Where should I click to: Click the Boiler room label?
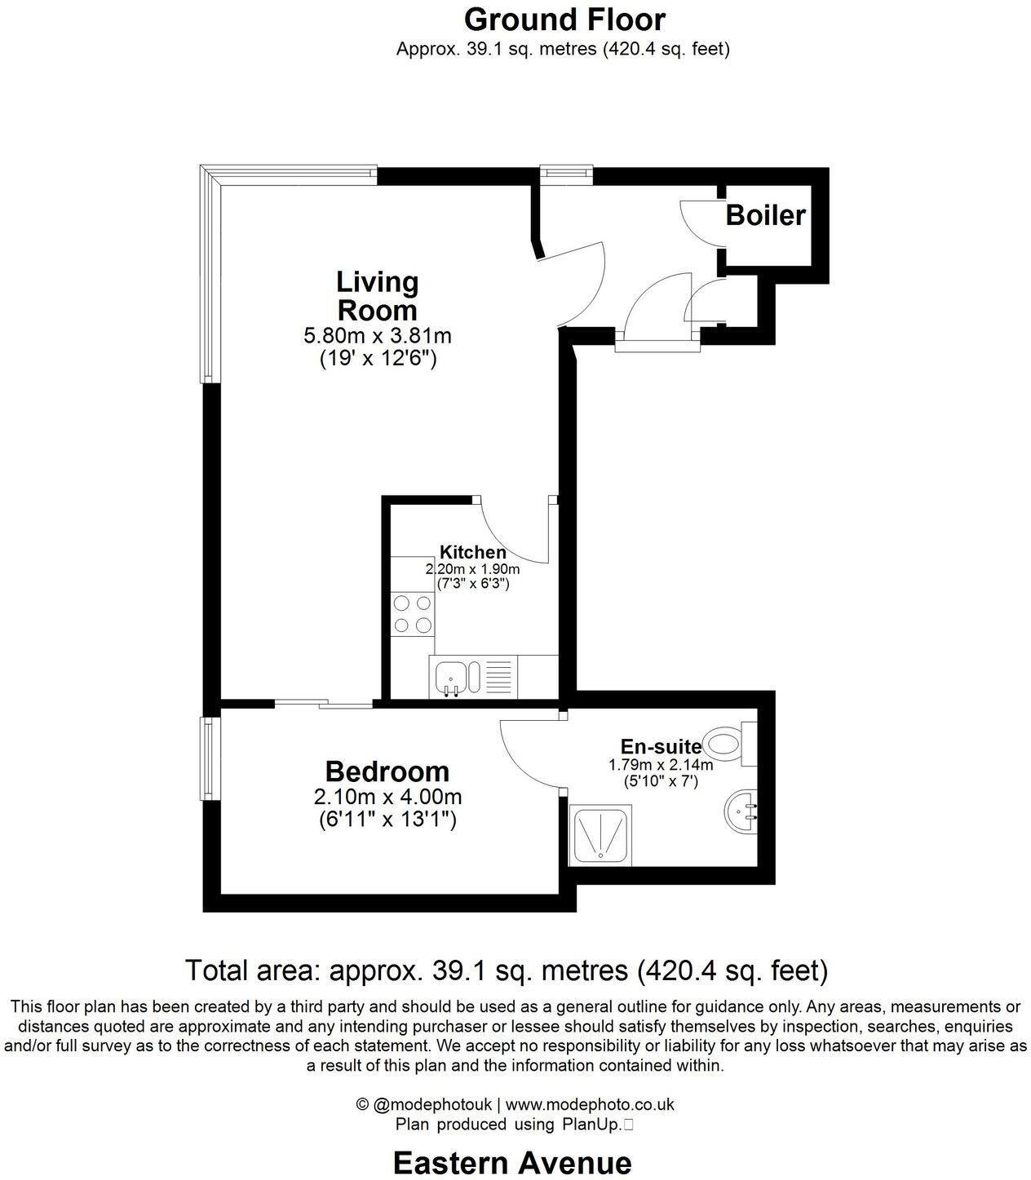[x=765, y=215]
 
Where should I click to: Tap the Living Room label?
[x=377, y=296]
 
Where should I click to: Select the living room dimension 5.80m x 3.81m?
[x=378, y=335]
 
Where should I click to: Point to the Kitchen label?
[x=473, y=552]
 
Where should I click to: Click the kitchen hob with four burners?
[x=413, y=614]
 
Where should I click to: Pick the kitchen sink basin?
[x=449, y=678]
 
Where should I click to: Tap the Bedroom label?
[x=387, y=771]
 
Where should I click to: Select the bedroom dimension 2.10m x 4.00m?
[x=387, y=797]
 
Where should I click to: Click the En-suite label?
[x=661, y=746]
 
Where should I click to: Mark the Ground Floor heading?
[x=564, y=19]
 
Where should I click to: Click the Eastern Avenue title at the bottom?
[x=512, y=1162]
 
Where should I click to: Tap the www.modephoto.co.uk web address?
[x=590, y=1105]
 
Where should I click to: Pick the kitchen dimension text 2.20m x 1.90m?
[x=472, y=569]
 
